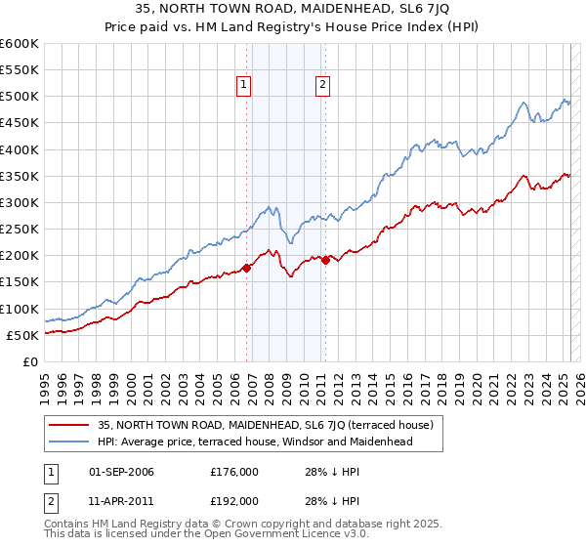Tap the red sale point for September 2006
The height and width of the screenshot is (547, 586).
click(x=246, y=268)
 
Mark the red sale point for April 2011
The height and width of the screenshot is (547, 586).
click(x=325, y=260)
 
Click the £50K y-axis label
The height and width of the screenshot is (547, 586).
click(x=22, y=335)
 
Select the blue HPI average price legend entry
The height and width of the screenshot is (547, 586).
click(x=255, y=442)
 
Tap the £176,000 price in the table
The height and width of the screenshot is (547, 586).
click(x=234, y=472)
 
